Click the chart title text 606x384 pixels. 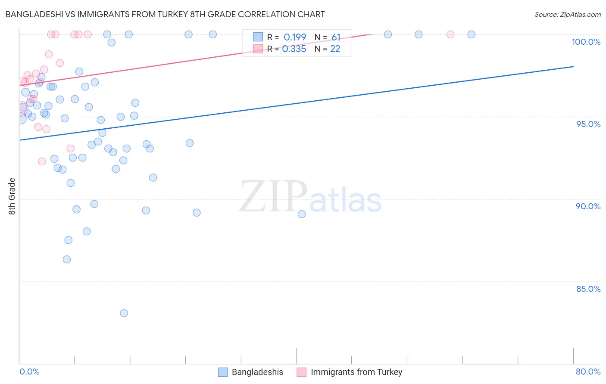[165, 14]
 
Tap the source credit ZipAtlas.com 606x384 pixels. [567, 14]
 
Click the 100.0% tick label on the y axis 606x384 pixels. [586, 42]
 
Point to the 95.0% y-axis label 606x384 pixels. [588, 124]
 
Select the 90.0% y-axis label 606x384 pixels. [588, 206]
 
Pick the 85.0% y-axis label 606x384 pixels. [588, 289]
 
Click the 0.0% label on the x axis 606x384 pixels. [29, 372]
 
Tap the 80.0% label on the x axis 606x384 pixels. [588, 372]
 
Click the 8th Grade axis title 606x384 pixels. [12, 196]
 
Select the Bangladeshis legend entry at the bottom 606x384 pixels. [257, 372]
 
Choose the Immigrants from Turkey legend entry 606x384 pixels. [356, 372]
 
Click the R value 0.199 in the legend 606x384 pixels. [295, 37]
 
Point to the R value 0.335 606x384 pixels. [294, 49]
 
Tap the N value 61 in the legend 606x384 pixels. [336, 37]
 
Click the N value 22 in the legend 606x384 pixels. [335, 49]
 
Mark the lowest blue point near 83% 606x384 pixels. [124, 313]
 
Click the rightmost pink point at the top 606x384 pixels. [450, 34]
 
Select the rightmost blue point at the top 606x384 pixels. [472, 34]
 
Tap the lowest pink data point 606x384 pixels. [42, 161]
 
